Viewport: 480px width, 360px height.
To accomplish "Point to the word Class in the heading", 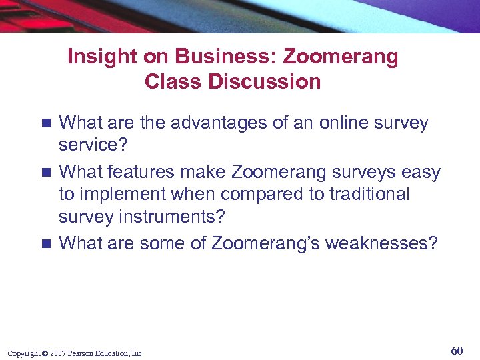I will (x=167, y=82).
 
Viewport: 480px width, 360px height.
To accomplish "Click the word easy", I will (x=421, y=173).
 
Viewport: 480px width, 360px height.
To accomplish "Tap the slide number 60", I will (x=457, y=351).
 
